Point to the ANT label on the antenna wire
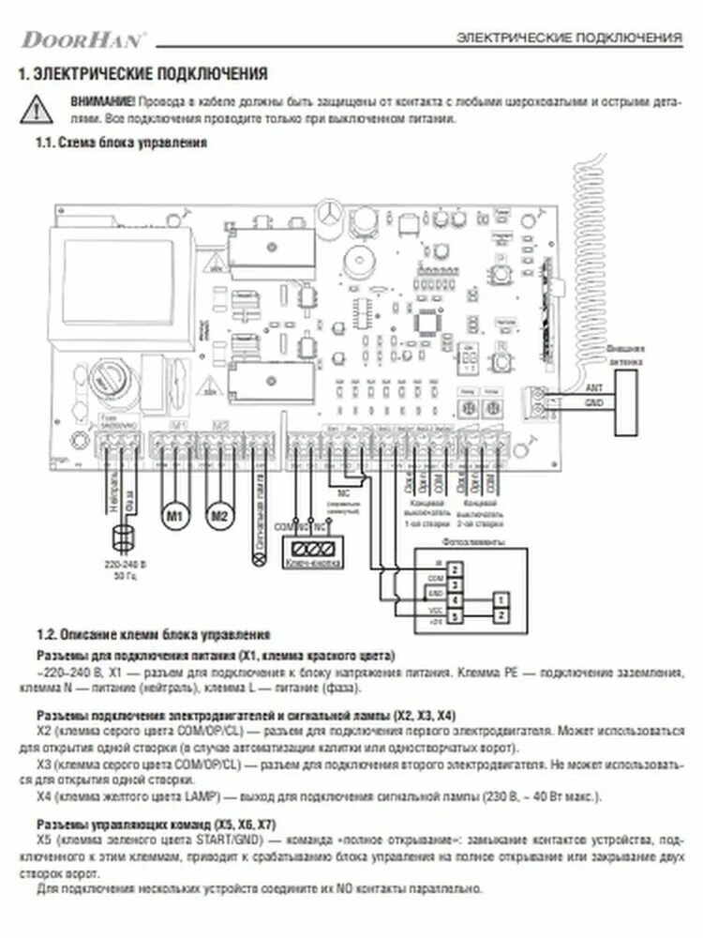(x=593, y=386)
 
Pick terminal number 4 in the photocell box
(x=454, y=599)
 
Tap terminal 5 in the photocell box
(x=454, y=615)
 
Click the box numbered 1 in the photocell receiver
(x=502, y=598)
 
